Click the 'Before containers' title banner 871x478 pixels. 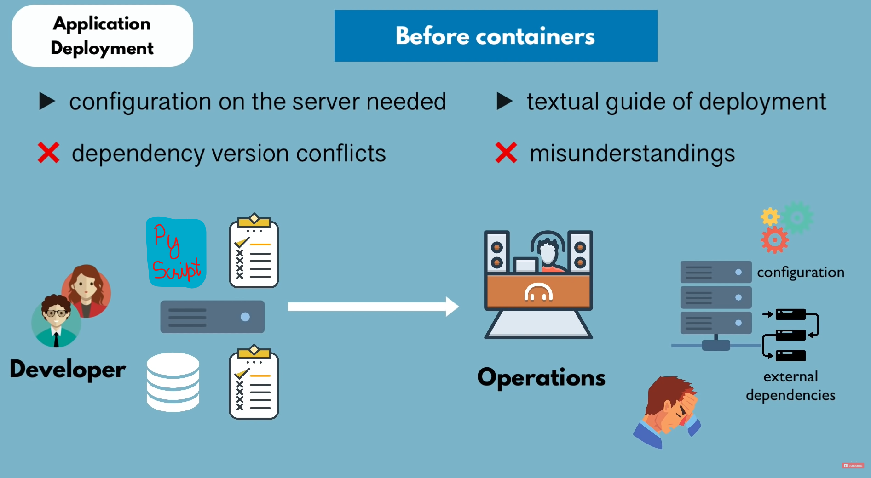click(496, 36)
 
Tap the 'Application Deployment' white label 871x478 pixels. click(102, 36)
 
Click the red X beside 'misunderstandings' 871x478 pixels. click(506, 153)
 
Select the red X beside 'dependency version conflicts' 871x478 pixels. click(48, 153)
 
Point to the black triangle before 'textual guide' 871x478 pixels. click(504, 101)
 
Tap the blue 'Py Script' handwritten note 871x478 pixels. click(176, 253)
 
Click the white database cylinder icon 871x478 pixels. click(173, 382)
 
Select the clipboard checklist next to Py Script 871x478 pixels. click(254, 251)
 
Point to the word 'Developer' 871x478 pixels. click(68, 369)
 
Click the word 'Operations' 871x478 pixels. click(541, 377)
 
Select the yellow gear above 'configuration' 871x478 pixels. click(770, 216)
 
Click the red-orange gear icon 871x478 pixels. click(775, 240)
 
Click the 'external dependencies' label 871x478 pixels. click(790, 386)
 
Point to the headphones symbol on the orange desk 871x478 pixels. click(538, 292)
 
